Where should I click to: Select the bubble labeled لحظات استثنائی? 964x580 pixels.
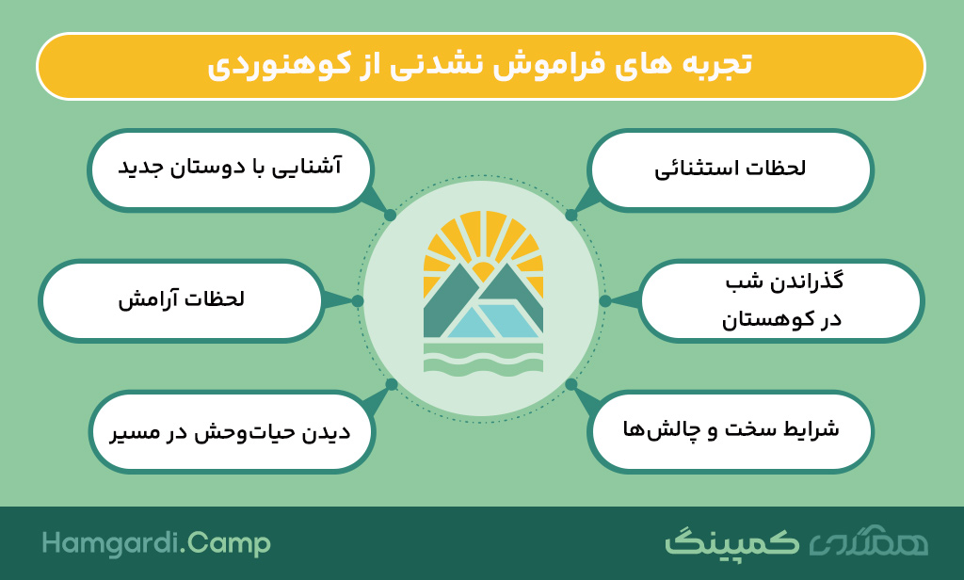pyautogui.click(x=731, y=170)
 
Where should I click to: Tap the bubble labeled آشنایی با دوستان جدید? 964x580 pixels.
pyautogui.click(x=230, y=169)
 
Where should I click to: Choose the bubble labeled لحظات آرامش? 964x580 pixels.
pyautogui.click(x=181, y=300)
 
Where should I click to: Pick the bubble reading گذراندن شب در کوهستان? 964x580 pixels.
pyautogui.click(x=781, y=300)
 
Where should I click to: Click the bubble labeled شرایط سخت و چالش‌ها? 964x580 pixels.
pyautogui.click(x=731, y=431)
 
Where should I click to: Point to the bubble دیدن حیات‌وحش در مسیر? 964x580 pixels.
pyautogui.click(x=232, y=431)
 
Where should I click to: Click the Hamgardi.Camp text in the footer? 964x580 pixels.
pyautogui.click(x=156, y=543)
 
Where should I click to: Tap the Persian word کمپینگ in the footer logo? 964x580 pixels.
pyautogui.click(x=731, y=541)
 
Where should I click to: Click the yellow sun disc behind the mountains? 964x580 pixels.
pyautogui.click(x=483, y=270)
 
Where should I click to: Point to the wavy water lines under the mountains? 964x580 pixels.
pyautogui.click(x=483, y=358)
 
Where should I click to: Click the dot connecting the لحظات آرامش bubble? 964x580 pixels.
pyautogui.click(x=358, y=300)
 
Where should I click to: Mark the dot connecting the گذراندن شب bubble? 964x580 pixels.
pyautogui.click(x=605, y=300)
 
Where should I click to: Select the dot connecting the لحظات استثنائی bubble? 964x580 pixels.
pyautogui.click(x=571, y=216)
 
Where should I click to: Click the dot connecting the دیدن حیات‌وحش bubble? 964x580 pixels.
pyautogui.click(x=392, y=384)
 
